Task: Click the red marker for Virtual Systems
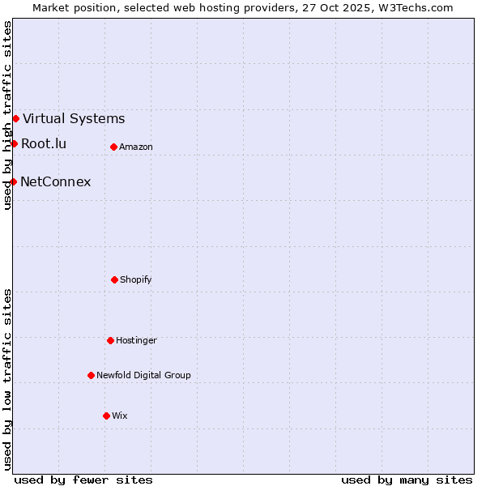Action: coord(15,118)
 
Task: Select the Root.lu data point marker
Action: coord(14,143)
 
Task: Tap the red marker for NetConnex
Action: coord(13,181)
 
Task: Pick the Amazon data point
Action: coord(113,147)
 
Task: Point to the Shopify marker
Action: coord(114,279)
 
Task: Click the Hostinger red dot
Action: coord(110,340)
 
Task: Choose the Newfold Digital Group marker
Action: coord(91,375)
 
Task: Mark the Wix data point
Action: coord(106,416)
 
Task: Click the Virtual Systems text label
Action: coord(74,118)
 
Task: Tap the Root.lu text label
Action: coord(44,143)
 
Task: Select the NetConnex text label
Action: coord(55,181)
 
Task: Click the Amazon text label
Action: coord(136,147)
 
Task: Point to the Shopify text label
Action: coord(136,279)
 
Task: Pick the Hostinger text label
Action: coord(136,340)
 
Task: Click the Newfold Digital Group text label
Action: coord(143,375)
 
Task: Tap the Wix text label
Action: coord(120,416)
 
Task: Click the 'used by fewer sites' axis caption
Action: coord(83,480)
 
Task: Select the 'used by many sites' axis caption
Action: coord(407,480)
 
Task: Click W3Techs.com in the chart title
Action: coord(413,7)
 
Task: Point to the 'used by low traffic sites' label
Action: coord(7,379)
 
